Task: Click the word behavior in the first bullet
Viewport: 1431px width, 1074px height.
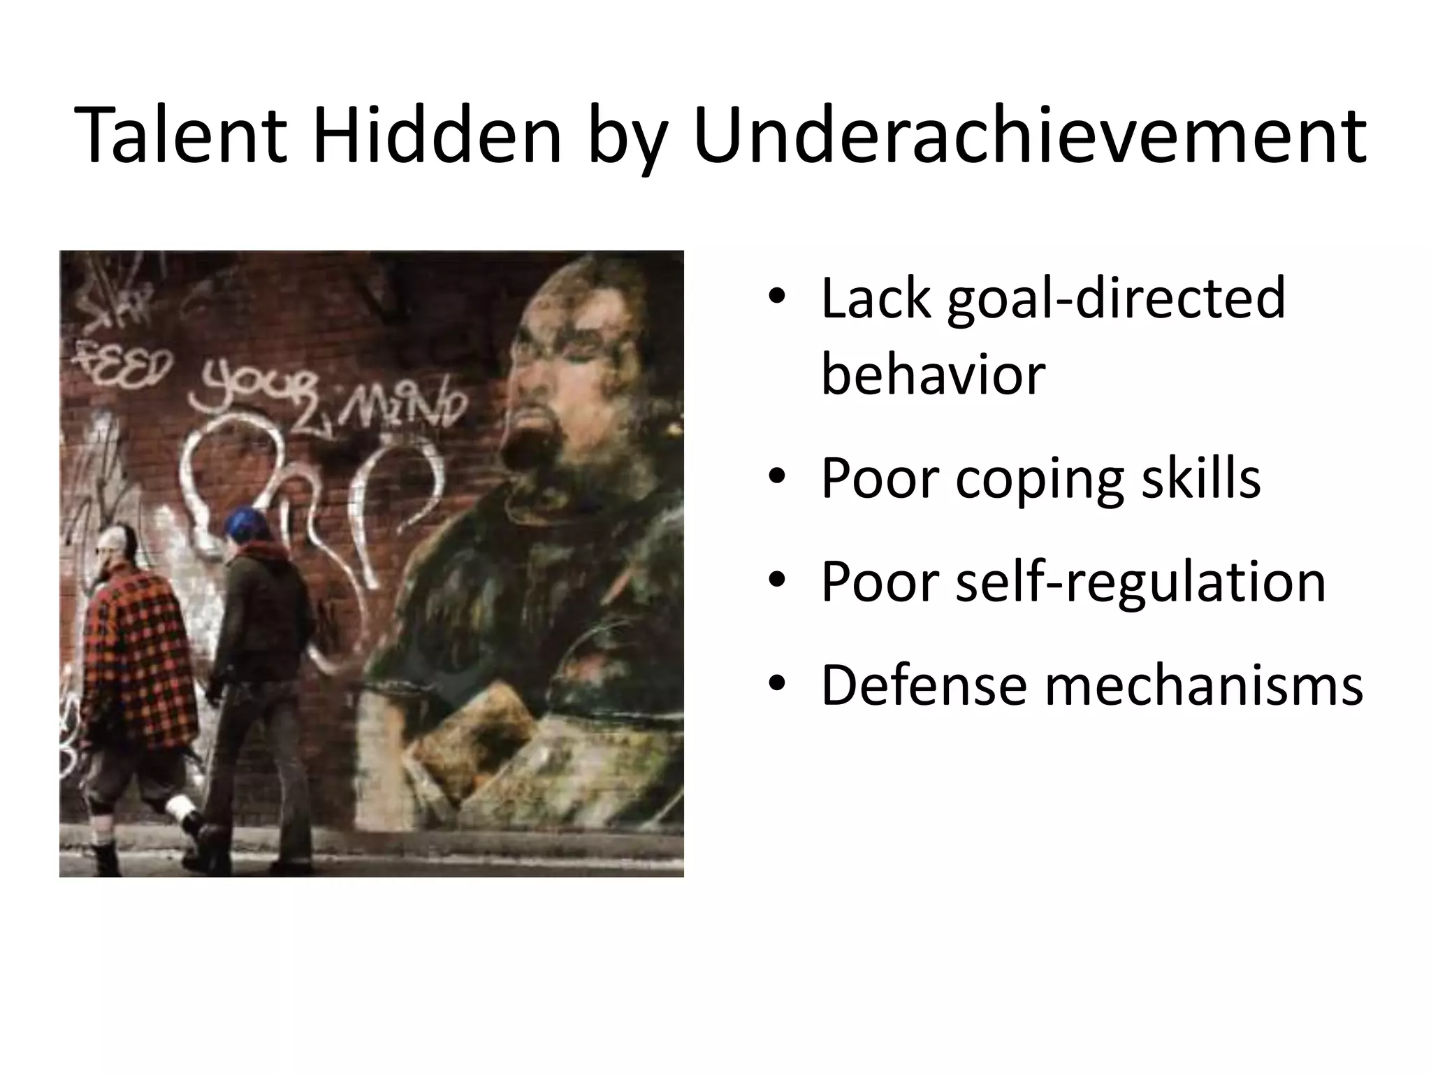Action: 933,374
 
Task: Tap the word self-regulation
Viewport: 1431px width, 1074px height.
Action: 1140,583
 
